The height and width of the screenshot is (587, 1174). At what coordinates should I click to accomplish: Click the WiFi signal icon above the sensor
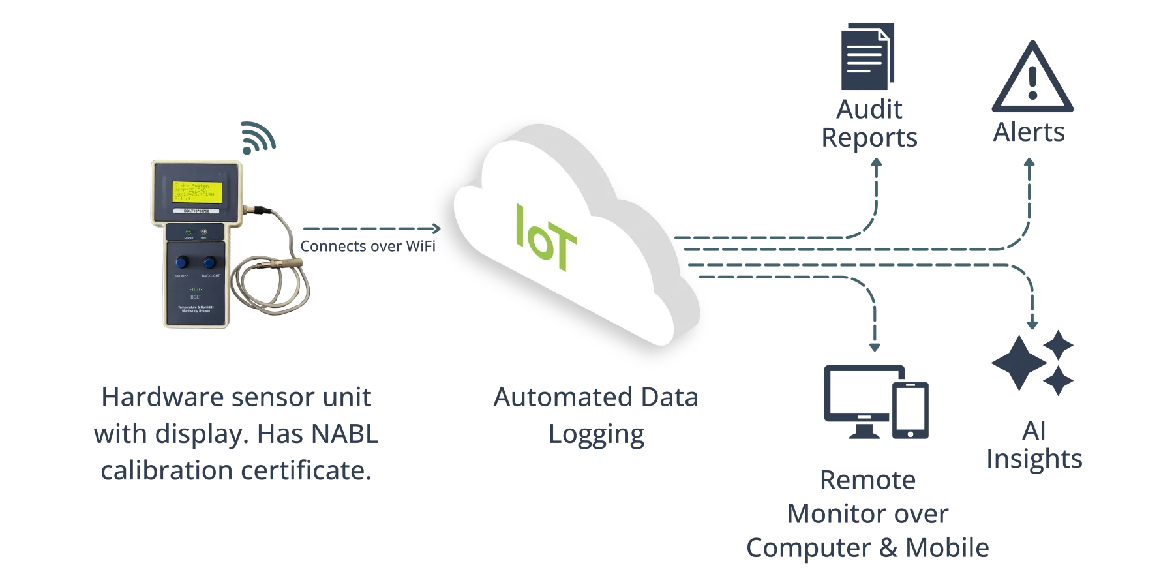point(258,136)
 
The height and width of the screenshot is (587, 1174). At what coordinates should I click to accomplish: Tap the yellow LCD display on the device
point(197,192)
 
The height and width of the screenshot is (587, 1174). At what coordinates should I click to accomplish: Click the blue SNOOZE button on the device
point(182,262)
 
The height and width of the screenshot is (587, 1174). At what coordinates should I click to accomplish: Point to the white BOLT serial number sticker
point(197,211)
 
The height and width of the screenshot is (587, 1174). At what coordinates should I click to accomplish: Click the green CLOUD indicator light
point(188,232)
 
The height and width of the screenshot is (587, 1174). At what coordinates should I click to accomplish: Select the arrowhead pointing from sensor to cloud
point(435,229)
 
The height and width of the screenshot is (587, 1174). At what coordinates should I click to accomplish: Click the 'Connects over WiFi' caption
point(369,247)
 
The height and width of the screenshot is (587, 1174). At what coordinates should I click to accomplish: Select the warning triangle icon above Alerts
point(1032,78)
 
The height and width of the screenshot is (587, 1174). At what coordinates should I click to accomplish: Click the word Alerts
point(1029,134)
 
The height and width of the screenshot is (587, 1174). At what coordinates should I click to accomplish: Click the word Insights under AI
point(1034,459)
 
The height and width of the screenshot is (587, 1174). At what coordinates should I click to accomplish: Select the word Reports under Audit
point(868,138)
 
